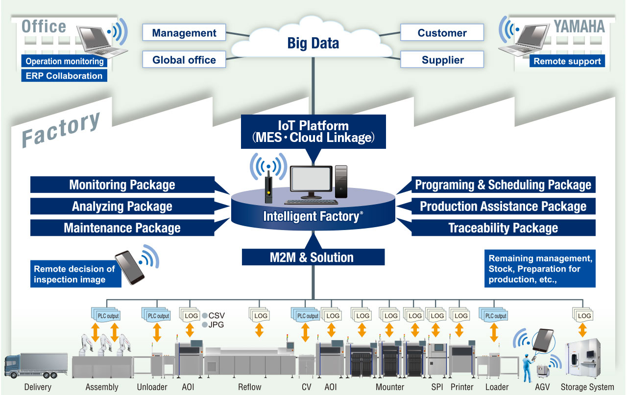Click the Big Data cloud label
tap(313, 43)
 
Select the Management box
tap(184, 33)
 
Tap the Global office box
tap(184, 60)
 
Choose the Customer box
tap(442, 33)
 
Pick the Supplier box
tap(442, 60)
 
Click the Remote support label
tap(567, 61)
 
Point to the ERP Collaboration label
tap(64, 76)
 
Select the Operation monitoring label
tap(64, 62)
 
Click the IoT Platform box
tap(313, 132)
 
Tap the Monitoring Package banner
tap(122, 185)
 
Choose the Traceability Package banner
tap(503, 228)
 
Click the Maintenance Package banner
tap(122, 228)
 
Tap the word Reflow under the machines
tap(250, 387)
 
